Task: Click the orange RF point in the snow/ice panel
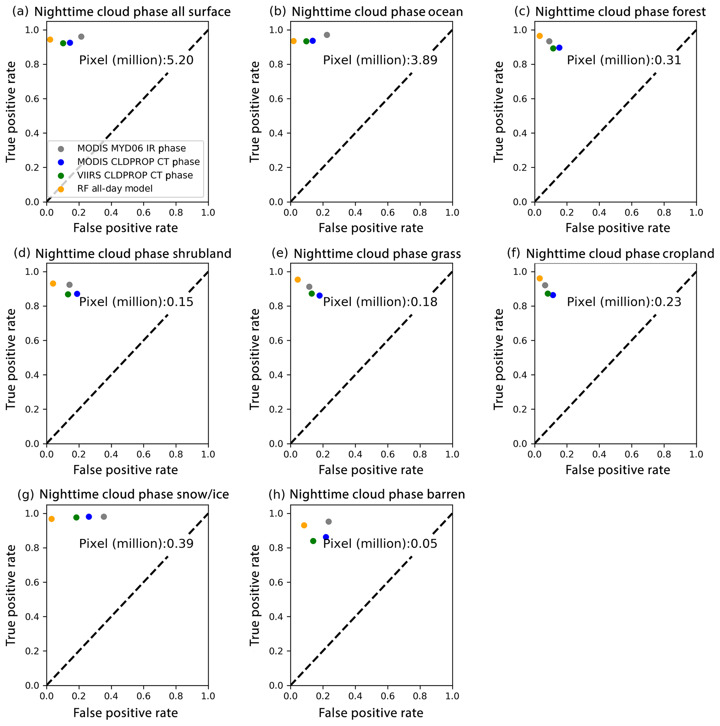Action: coord(52,519)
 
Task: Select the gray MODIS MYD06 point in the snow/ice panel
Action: coord(104,517)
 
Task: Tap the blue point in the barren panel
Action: coord(326,537)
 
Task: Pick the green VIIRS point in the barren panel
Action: coord(313,541)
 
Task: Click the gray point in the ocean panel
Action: coord(326,35)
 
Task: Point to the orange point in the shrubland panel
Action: coord(53,283)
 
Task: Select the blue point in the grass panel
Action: coord(319,296)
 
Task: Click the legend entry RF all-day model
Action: coord(115,188)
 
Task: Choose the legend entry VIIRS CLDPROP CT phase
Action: coord(135,176)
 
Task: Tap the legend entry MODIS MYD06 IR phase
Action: coord(132,148)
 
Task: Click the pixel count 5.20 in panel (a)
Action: coord(180,60)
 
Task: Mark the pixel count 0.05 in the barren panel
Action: coord(424,544)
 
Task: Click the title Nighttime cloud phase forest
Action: coord(620,12)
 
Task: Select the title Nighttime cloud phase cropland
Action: coord(620,254)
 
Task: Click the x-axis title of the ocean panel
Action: coord(371,228)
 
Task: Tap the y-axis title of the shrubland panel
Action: coord(10,359)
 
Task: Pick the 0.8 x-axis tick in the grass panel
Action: coord(420,454)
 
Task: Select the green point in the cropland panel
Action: coord(548,293)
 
